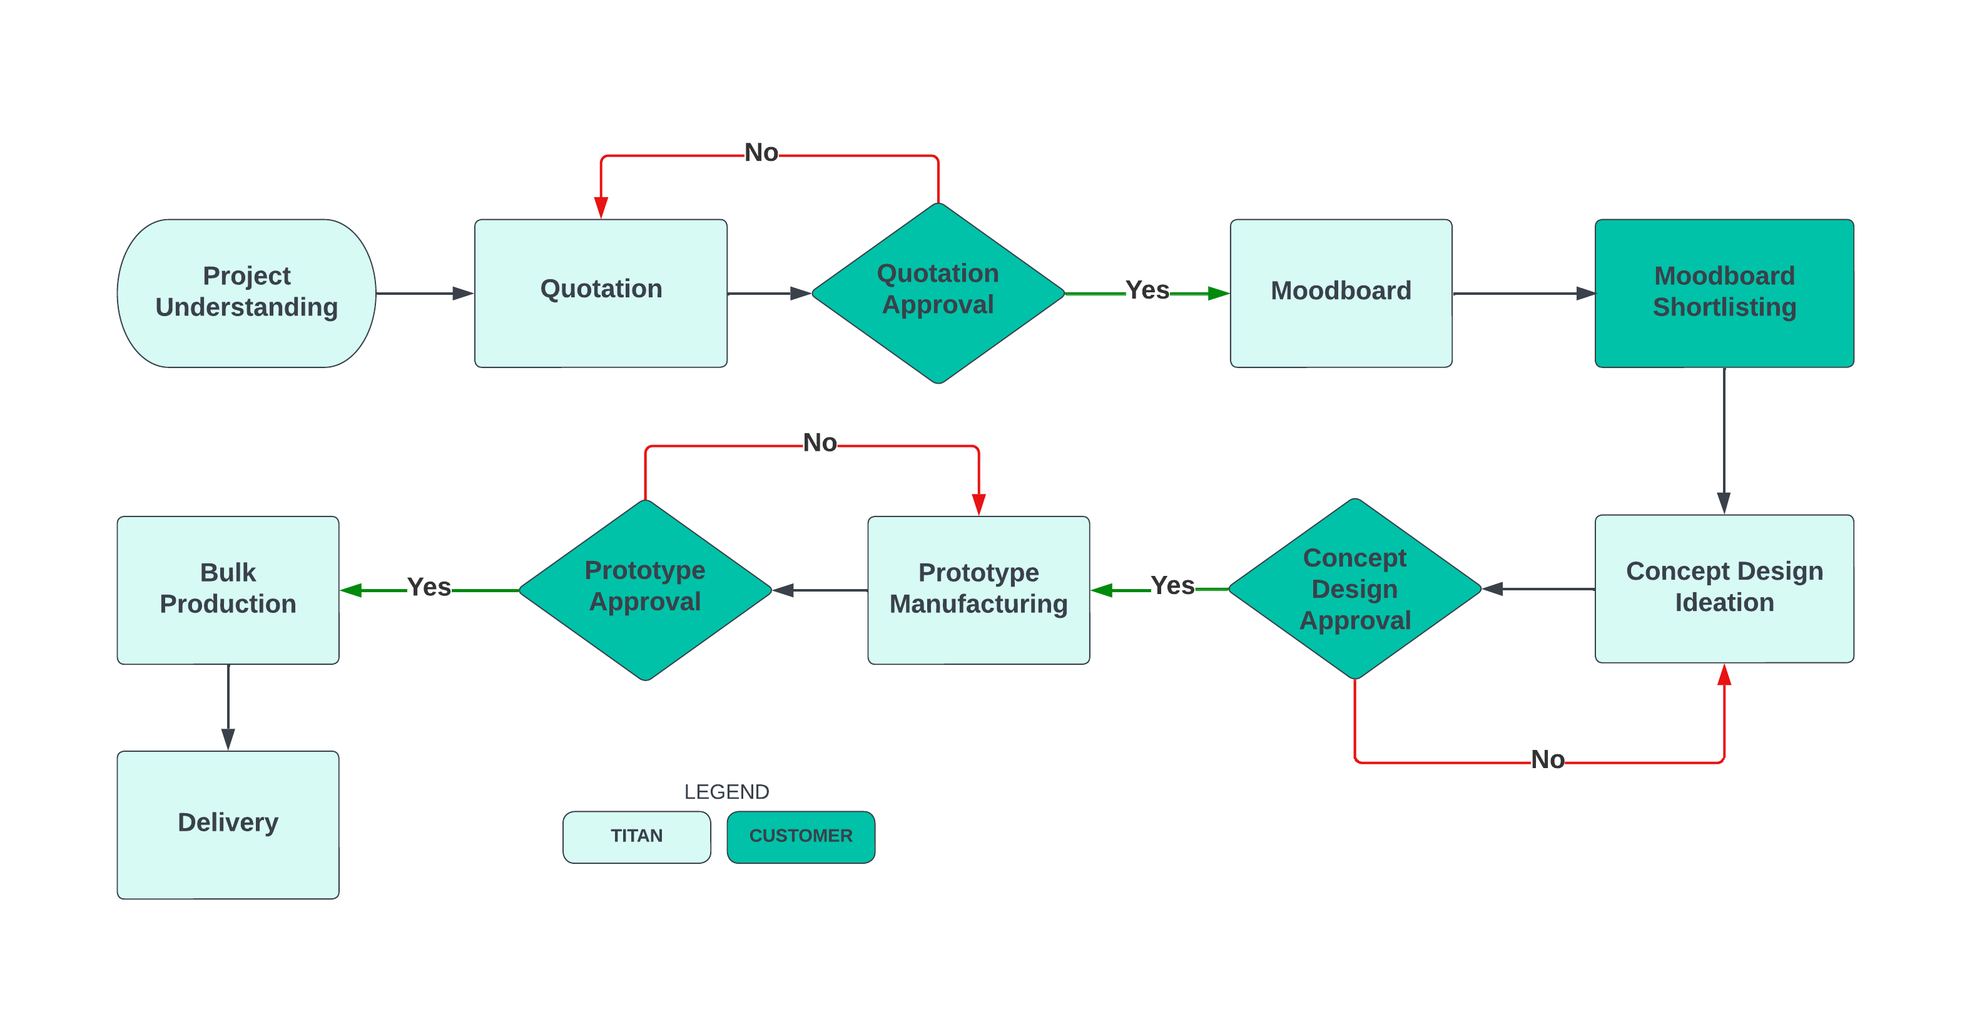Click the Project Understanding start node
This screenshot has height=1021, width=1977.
click(246, 292)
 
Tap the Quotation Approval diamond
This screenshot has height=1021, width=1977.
click(937, 292)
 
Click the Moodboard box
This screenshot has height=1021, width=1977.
click(1340, 292)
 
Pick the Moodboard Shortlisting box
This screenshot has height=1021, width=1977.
click(1723, 292)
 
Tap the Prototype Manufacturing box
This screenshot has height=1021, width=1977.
click(978, 589)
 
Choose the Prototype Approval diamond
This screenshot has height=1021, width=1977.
click(644, 589)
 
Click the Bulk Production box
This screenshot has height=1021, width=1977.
click(228, 589)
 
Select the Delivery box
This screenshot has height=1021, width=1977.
click(228, 824)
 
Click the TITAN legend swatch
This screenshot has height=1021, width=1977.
click(636, 836)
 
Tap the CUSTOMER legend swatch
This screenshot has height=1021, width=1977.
click(800, 836)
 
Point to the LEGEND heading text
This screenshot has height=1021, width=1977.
click(726, 791)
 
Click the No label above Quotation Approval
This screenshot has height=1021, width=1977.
click(761, 153)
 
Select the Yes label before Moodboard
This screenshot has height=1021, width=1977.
click(1147, 290)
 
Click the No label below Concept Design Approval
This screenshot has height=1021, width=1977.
click(1547, 759)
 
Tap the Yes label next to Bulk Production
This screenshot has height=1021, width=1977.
click(429, 587)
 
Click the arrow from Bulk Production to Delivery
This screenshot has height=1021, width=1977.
click(228, 706)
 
